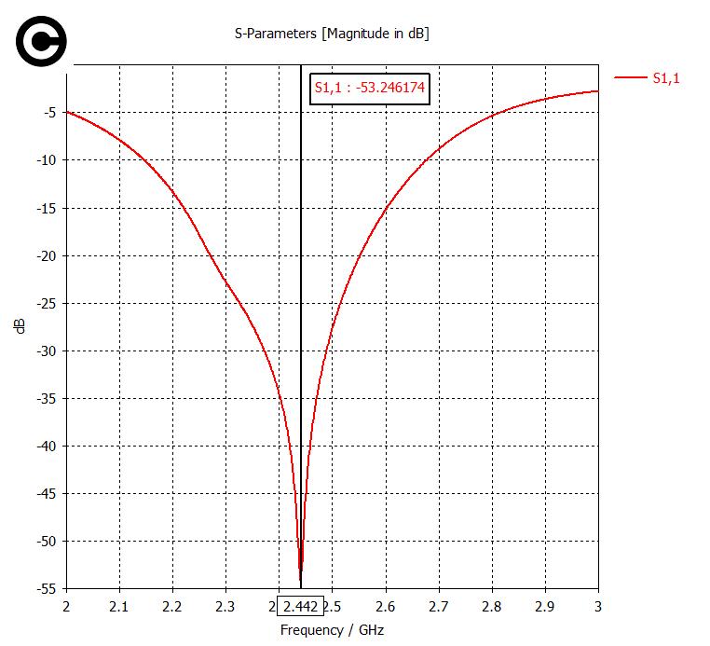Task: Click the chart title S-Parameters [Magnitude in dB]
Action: [331, 34]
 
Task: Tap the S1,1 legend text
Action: [665, 78]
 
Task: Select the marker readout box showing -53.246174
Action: [369, 89]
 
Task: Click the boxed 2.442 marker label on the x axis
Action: [300, 607]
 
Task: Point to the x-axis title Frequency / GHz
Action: [332, 629]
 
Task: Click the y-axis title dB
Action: [20, 326]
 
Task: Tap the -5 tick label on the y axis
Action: [50, 113]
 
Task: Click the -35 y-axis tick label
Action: [47, 399]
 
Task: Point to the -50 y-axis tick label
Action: [47, 542]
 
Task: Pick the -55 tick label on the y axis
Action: [47, 589]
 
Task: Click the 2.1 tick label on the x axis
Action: [119, 607]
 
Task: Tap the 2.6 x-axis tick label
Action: [385, 607]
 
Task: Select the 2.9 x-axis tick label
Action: [544, 607]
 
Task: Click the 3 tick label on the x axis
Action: [597, 607]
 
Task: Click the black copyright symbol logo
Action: [40, 41]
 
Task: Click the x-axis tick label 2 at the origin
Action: [66, 607]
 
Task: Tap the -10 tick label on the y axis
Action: [47, 160]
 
